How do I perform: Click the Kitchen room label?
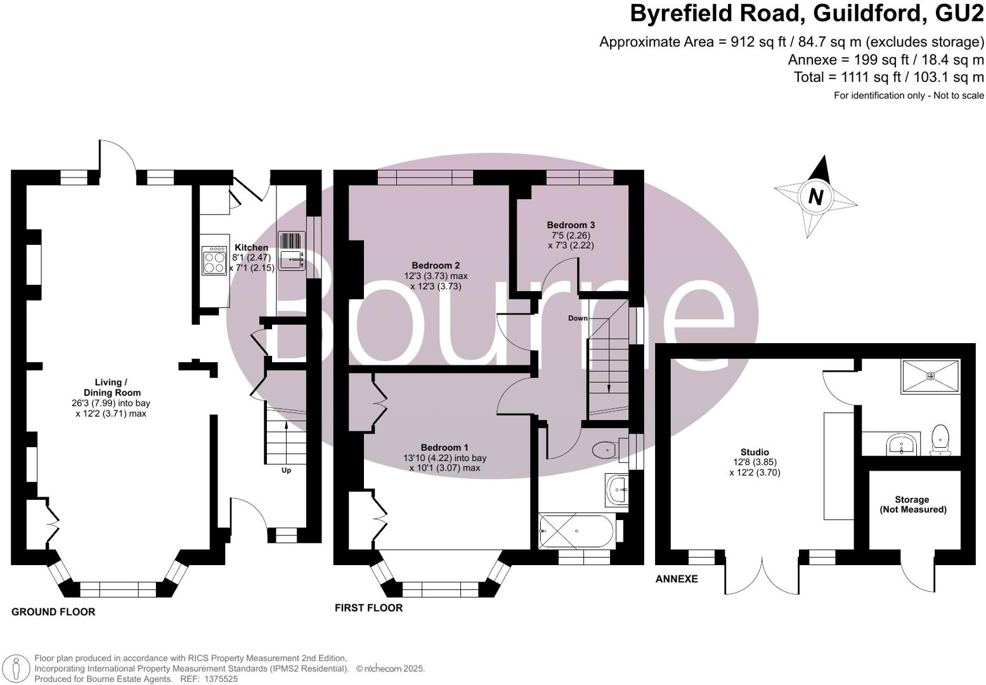coord(251,247)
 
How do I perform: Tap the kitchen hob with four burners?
coord(214,261)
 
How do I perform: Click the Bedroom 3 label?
coord(571,225)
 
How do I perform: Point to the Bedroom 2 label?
coord(435,266)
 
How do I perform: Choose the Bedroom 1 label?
coord(444,447)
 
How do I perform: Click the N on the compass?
coord(815,196)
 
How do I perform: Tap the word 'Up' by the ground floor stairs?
coord(286,471)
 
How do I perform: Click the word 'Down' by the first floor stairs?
coord(578,318)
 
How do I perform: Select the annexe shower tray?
coord(931,376)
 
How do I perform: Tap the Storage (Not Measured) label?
coord(912,504)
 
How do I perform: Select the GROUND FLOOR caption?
coord(53,612)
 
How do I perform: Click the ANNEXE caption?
coord(677,579)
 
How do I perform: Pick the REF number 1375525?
coord(219,679)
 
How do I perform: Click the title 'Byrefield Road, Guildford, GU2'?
coord(807,14)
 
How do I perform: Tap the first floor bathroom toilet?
coord(604,450)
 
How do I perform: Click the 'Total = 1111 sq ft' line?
coord(888,77)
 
